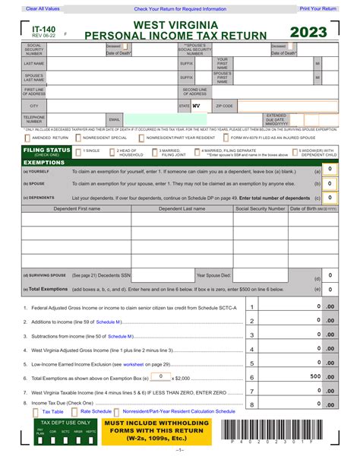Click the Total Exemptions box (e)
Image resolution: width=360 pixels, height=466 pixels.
point(330,288)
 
